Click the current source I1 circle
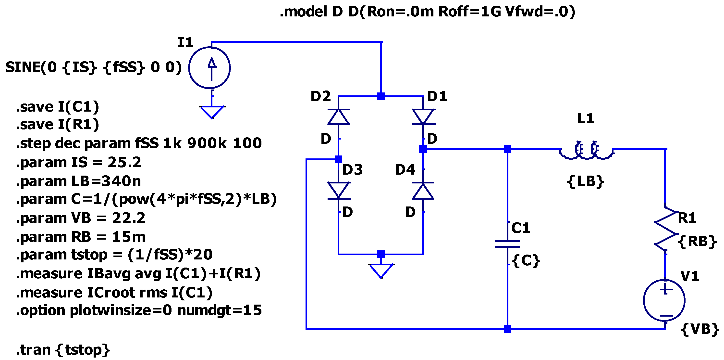pos(209,68)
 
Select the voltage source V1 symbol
pos(664,300)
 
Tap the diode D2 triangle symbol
pos(338,117)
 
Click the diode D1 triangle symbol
pos(423,117)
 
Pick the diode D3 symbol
pos(338,190)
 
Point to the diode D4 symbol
pos(423,190)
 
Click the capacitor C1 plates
pos(507,244)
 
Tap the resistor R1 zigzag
pos(665,229)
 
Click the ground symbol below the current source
pos(212,112)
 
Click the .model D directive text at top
pos(427,12)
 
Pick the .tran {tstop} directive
pos(63,350)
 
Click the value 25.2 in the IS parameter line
pos(124,162)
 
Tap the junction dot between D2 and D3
pos(338,159)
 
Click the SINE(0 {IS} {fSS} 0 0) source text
pos(94,67)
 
